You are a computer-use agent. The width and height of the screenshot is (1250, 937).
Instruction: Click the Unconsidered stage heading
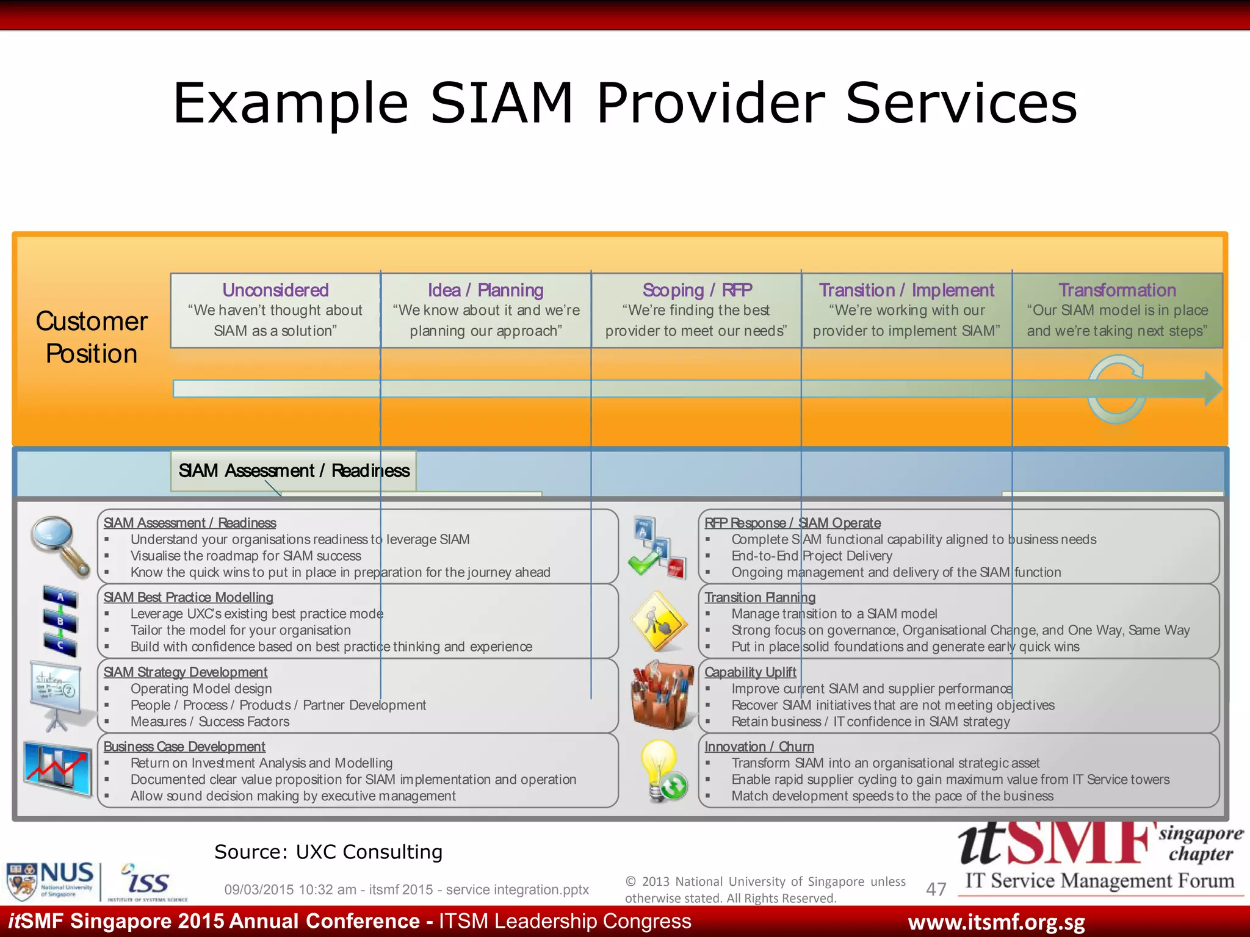[x=275, y=290]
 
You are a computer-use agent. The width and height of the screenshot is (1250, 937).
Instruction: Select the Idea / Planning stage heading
[x=485, y=290]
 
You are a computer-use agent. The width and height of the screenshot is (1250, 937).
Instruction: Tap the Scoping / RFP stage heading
[x=697, y=290]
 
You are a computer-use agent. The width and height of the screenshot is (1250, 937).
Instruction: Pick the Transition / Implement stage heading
[x=906, y=290]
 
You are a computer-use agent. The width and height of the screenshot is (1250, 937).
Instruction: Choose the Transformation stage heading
[x=1117, y=290]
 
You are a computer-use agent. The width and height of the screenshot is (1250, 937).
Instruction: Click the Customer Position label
[x=92, y=337]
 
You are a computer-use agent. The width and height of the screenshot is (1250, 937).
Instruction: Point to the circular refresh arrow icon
[x=1116, y=390]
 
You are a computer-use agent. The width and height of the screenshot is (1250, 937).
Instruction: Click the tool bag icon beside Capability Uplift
[x=662, y=696]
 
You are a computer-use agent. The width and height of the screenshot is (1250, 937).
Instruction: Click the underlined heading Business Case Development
[x=184, y=747]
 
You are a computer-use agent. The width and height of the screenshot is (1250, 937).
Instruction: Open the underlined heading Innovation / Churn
[x=759, y=747]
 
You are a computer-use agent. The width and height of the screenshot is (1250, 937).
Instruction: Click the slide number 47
[x=936, y=889]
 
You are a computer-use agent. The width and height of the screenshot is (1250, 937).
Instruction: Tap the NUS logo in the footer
[x=50, y=880]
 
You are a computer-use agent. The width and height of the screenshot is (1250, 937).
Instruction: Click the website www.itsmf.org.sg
[x=996, y=922]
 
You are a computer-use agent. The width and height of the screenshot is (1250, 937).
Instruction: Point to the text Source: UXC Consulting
[x=328, y=852]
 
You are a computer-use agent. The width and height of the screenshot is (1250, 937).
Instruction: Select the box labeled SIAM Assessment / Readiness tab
[x=294, y=470]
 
